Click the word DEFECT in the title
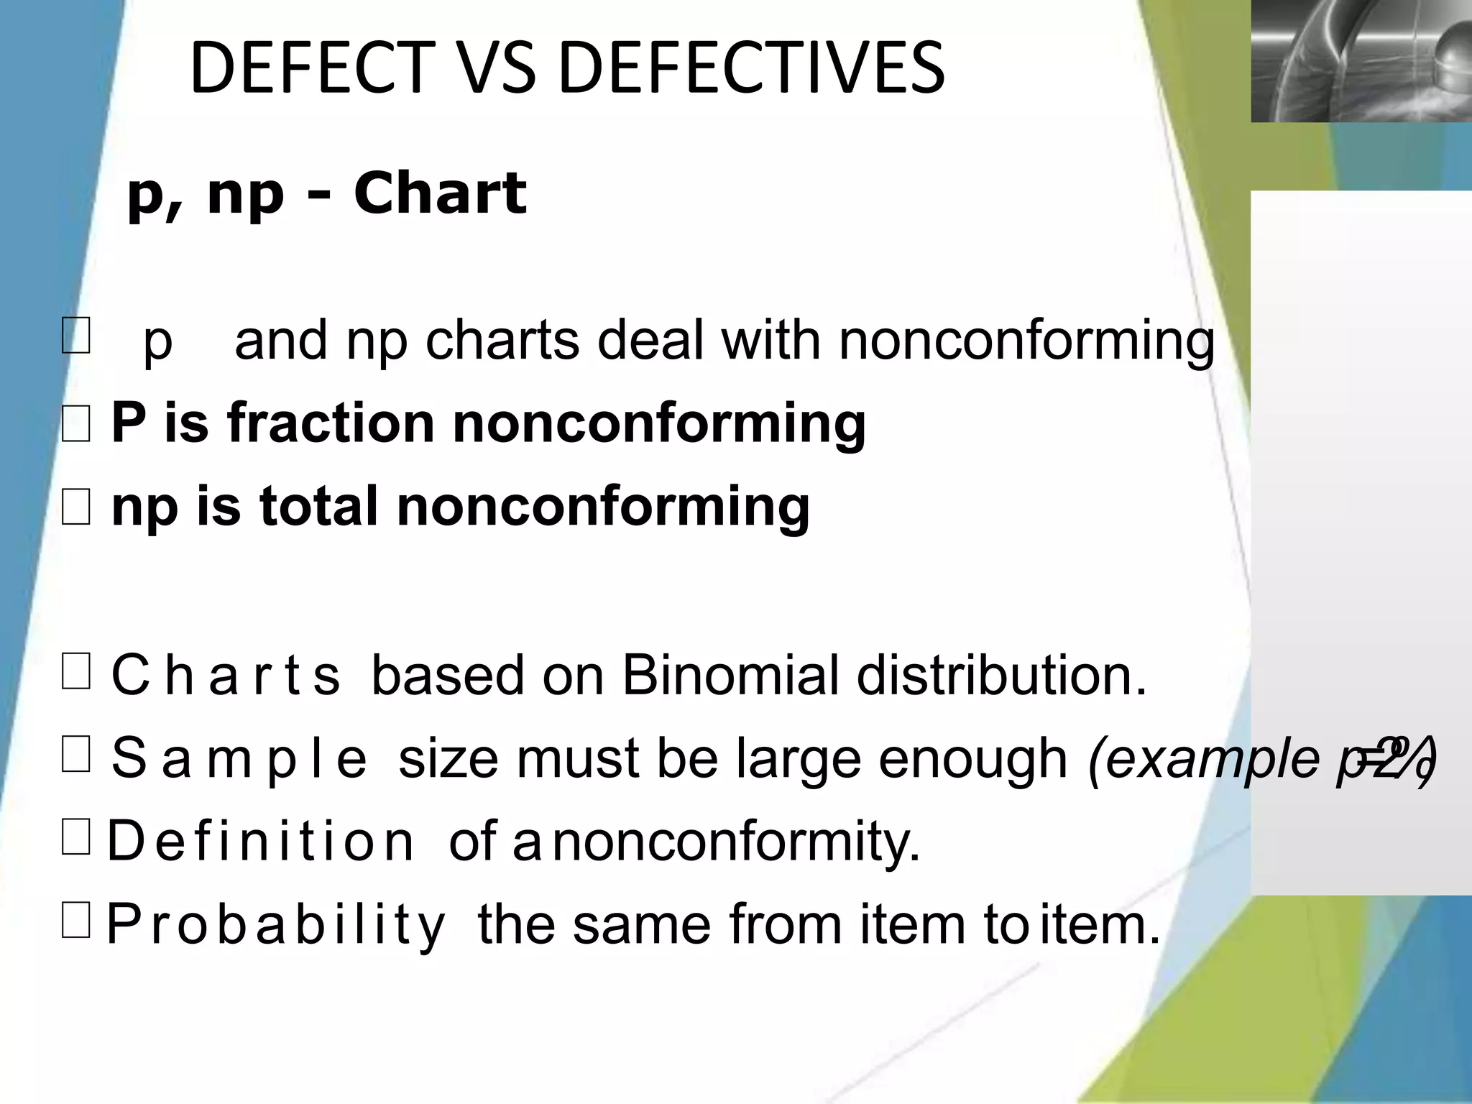tap(312, 68)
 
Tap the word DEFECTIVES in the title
tap(750, 68)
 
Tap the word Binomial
tap(730, 675)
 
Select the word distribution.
tap(1000, 675)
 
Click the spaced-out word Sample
tap(239, 758)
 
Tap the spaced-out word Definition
tap(260, 841)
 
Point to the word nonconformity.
tap(737, 841)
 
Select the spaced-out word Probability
tap(276, 924)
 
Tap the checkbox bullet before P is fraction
tap(76, 423)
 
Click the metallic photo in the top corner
tap(1361, 60)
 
